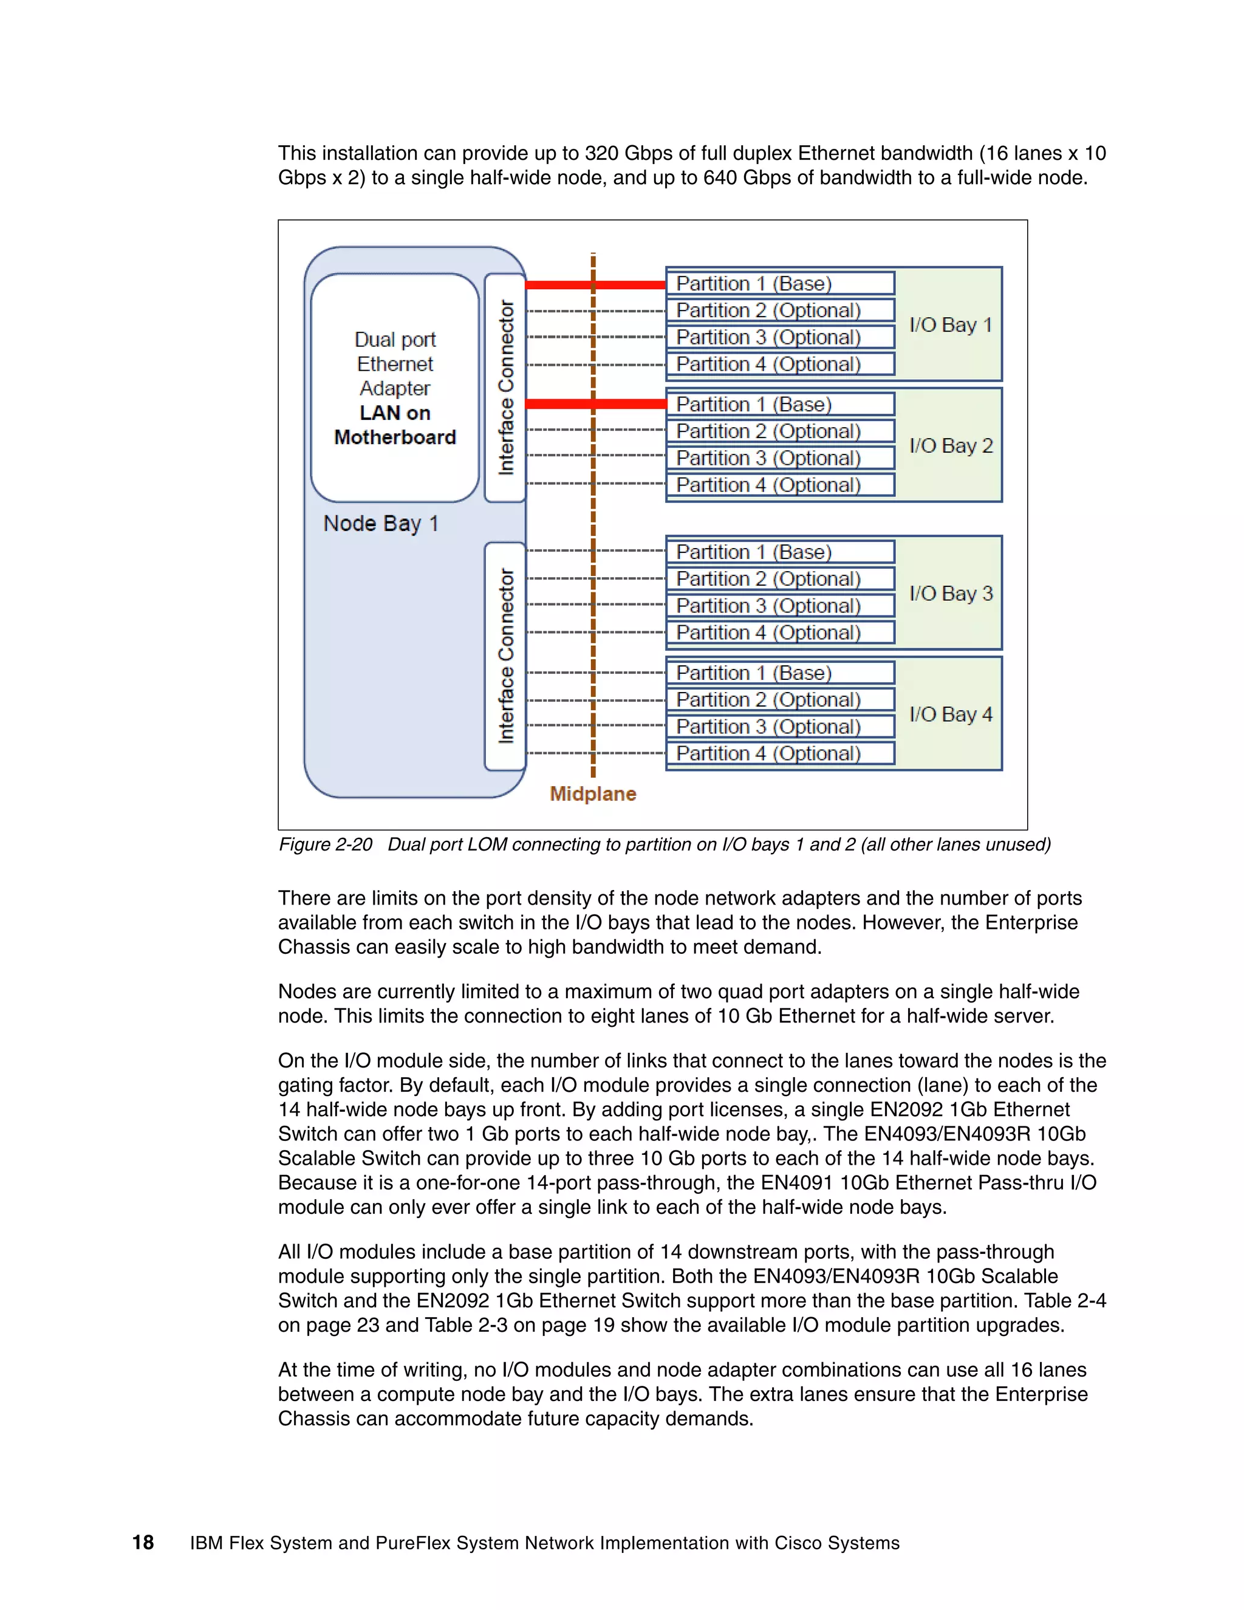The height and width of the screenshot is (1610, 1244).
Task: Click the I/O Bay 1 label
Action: (950, 325)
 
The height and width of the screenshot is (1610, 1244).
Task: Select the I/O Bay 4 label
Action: (950, 714)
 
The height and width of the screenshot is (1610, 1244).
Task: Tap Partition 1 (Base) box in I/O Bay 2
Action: (780, 405)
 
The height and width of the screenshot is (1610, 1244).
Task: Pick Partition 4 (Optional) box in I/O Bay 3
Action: (780, 632)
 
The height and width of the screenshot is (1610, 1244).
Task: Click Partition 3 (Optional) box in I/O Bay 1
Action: (780, 338)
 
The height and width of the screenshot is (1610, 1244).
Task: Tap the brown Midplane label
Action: (592, 794)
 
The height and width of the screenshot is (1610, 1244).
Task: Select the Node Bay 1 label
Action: (380, 523)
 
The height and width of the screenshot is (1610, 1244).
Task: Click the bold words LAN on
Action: (394, 413)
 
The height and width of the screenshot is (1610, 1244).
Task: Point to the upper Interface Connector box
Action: (505, 387)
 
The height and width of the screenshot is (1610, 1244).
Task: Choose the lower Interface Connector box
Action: (505, 656)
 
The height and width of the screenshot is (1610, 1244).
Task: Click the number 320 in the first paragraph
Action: (601, 153)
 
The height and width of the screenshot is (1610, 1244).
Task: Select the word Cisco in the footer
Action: (798, 1543)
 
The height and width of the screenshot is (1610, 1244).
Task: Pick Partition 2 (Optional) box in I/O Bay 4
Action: (780, 699)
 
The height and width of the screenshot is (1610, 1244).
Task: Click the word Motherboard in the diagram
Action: (394, 437)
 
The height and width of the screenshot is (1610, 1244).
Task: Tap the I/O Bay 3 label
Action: (950, 594)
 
